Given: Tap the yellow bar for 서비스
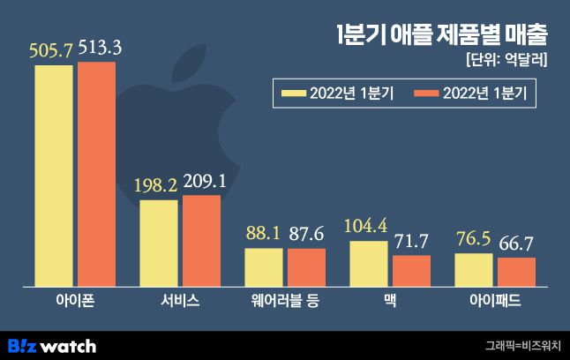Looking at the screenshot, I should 159,243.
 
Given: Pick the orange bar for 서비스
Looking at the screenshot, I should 201,240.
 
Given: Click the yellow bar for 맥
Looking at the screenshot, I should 369,262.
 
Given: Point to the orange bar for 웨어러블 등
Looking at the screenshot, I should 306,266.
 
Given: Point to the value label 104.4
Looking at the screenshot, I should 369,225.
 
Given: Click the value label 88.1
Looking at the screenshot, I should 264,235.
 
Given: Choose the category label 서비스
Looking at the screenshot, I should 180,300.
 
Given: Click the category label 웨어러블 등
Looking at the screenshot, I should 285,300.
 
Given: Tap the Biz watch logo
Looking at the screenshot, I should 52,345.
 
